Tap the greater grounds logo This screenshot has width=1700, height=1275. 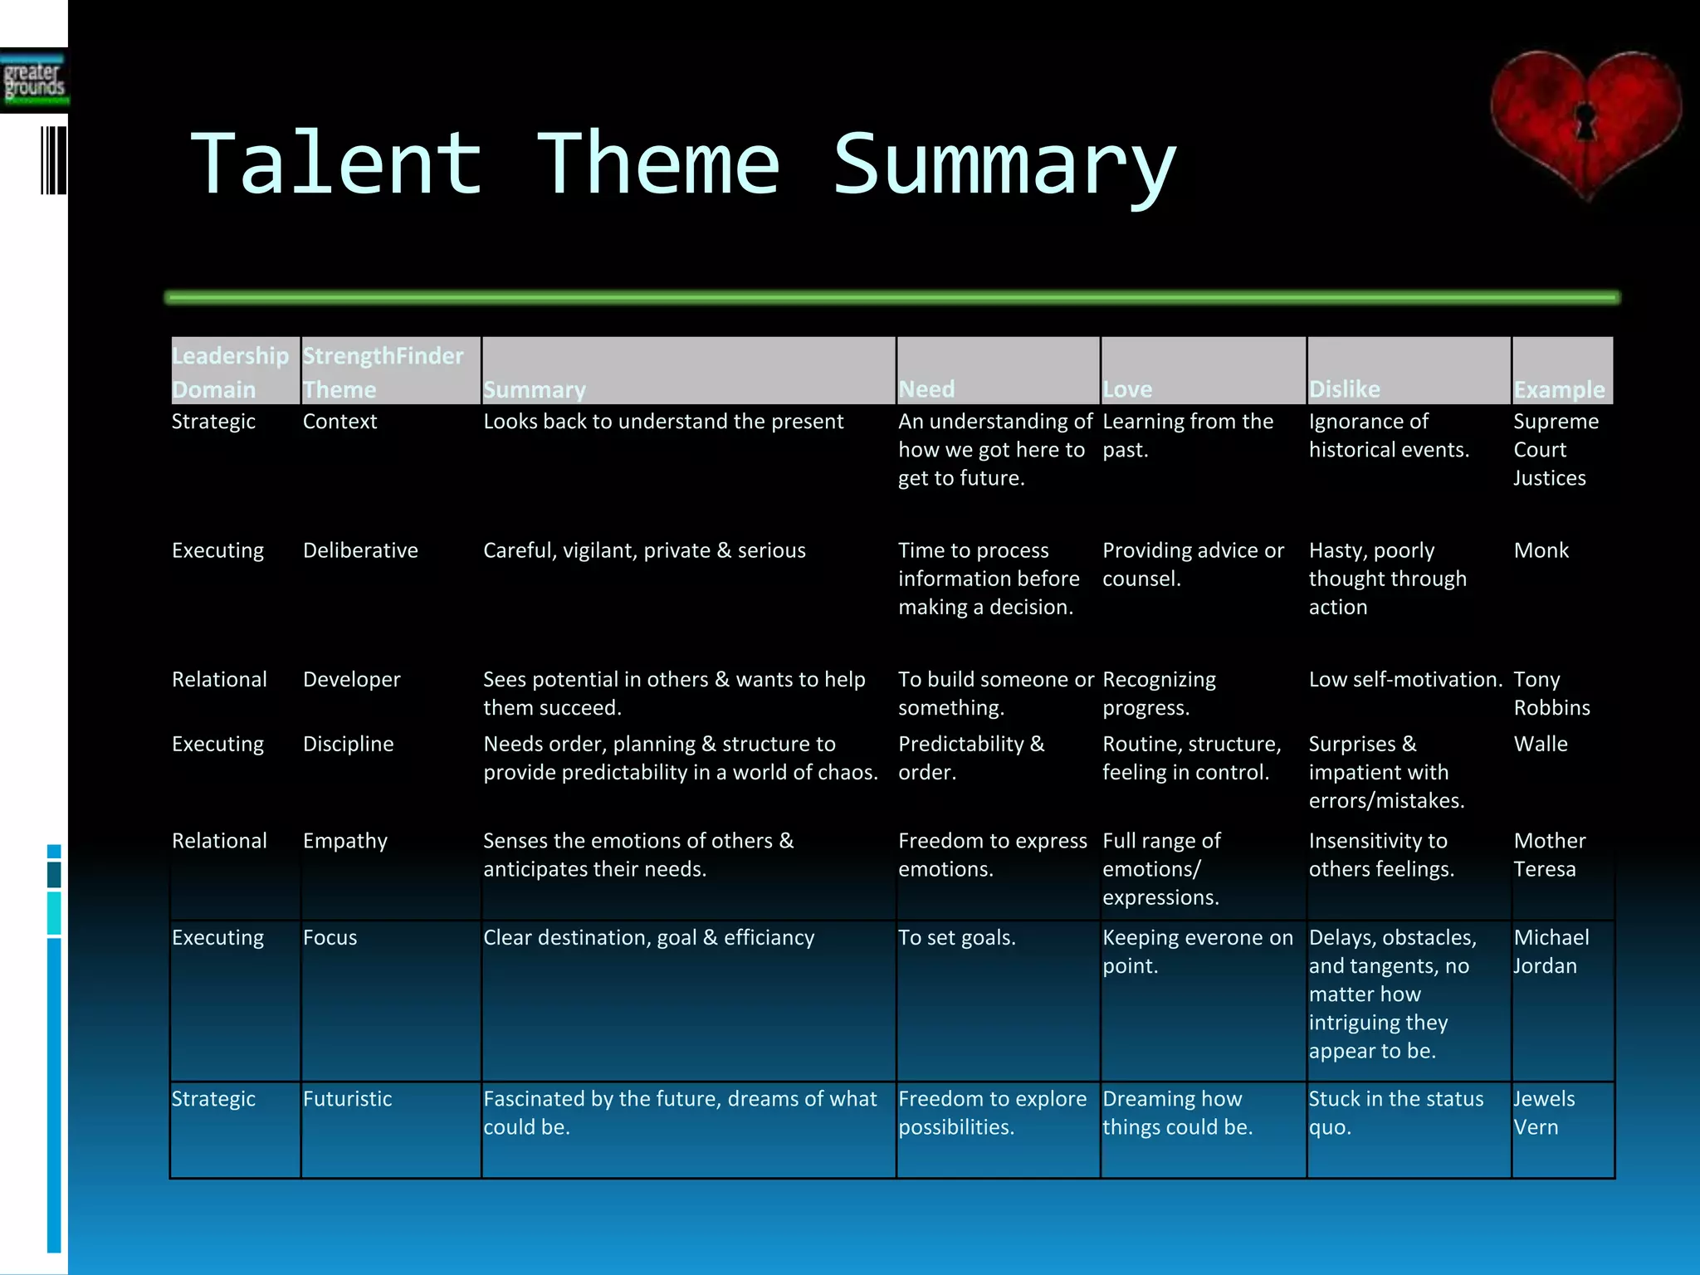click(34, 81)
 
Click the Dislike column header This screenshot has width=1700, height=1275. click(1344, 388)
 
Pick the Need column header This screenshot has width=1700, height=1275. click(926, 388)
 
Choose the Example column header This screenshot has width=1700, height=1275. click(1559, 388)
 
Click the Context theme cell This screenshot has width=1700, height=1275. click(340, 422)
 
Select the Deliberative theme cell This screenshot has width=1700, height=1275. click(360, 550)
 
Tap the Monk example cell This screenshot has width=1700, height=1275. click(1541, 550)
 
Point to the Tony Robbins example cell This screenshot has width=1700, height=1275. click(1551, 693)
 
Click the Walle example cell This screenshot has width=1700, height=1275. click(1541, 744)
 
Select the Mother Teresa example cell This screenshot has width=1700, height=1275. click(1549, 854)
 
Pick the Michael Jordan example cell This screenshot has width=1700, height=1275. click(1551, 951)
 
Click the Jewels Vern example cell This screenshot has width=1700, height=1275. click(1544, 1112)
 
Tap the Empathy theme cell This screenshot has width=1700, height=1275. click(344, 841)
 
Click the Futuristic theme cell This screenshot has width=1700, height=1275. click(347, 1099)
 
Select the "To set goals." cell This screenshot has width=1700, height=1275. click(956, 938)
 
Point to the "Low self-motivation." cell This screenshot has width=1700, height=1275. click(1405, 680)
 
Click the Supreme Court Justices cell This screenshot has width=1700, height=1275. click(1555, 449)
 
